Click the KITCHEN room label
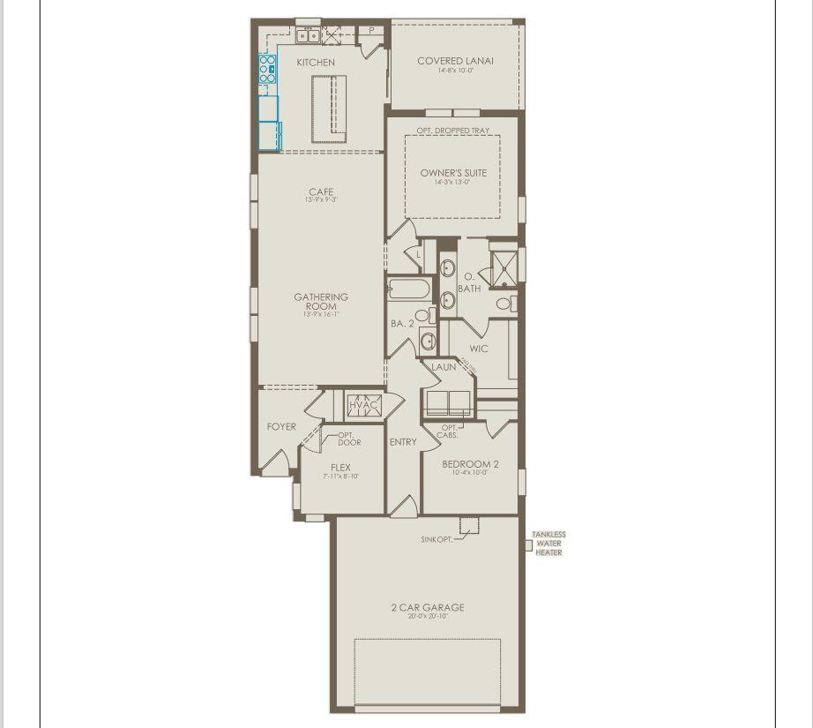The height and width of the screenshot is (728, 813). click(x=316, y=63)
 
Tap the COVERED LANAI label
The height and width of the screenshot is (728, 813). click(x=455, y=61)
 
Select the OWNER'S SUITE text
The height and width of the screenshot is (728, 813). click(x=453, y=173)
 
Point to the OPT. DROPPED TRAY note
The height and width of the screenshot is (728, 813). click(x=453, y=131)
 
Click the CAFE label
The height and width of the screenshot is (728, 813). click(x=321, y=192)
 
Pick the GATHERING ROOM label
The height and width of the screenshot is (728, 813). click(x=321, y=302)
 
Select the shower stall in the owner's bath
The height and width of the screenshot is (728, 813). click(x=503, y=268)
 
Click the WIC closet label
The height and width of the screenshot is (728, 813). click(x=479, y=349)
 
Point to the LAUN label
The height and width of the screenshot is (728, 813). click(x=444, y=367)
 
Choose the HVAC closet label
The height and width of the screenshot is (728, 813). click(x=362, y=405)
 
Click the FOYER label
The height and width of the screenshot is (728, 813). click(x=282, y=427)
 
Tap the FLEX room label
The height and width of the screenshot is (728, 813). click(x=340, y=468)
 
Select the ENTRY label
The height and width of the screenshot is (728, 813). click(x=403, y=442)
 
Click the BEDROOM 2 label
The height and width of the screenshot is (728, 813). click(x=471, y=464)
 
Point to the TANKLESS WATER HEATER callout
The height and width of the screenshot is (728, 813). click(x=548, y=544)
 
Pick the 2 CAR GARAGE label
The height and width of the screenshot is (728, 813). click(x=428, y=607)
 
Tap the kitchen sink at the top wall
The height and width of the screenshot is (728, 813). click(x=308, y=36)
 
